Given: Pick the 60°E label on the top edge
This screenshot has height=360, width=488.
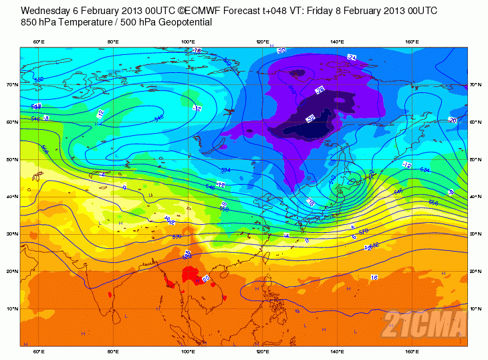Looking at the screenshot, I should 39,42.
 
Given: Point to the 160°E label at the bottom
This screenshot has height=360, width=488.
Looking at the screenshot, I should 412,351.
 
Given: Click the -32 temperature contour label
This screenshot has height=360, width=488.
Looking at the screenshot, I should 311,119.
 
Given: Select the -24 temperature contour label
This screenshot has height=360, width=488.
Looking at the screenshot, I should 352,58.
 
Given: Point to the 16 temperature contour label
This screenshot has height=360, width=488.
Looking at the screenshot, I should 374,277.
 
